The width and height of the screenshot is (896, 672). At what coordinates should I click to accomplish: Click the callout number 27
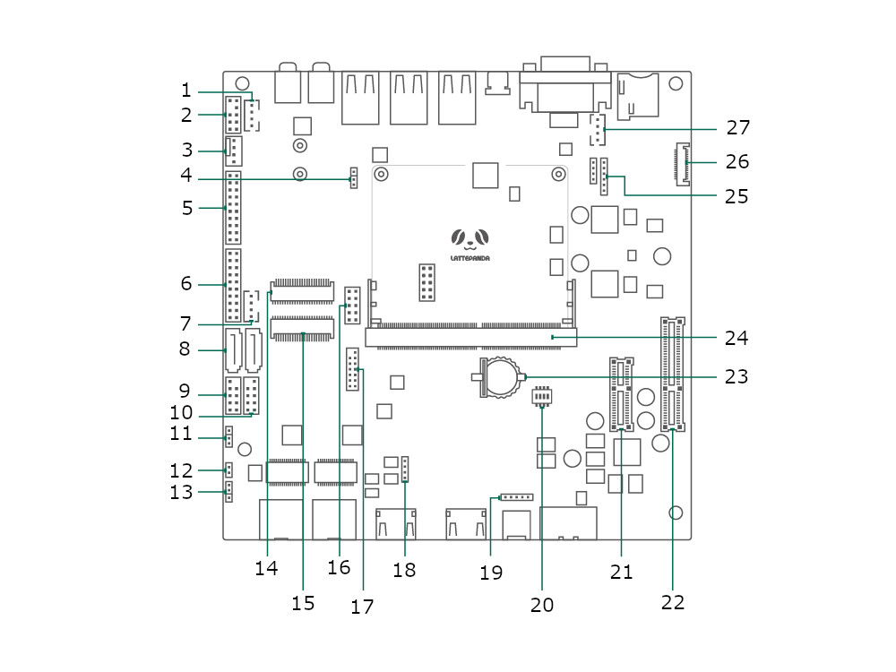click(737, 127)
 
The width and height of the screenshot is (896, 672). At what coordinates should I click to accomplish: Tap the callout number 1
click(185, 90)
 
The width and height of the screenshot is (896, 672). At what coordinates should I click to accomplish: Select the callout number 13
click(181, 492)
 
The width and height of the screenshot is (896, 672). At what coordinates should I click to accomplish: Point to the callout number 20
click(542, 605)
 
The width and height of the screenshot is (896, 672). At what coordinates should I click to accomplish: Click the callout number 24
click(736, 338)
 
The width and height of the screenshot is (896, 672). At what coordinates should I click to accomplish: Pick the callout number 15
click(303, 603)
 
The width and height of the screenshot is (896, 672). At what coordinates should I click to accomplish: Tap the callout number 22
click(673, 602)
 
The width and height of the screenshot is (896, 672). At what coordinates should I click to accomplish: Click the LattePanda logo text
click(470, 258)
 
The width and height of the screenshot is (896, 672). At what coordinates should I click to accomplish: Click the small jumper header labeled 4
click(354, 178)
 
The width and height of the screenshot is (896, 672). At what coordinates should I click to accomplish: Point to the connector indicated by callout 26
click(682, 164)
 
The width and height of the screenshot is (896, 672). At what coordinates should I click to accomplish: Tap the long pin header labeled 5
click(233, 208)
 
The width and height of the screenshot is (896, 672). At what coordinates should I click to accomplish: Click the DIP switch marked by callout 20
click(542, 396)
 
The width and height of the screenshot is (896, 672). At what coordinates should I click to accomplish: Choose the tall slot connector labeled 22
click(673, 375)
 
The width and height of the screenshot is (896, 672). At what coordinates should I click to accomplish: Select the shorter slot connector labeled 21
click(621, 393)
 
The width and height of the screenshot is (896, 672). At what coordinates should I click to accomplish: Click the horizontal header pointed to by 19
click(517, 497)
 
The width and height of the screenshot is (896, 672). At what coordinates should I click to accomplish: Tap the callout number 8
click(184, 349)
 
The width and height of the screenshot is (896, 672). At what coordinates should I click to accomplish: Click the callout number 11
click(181, 433)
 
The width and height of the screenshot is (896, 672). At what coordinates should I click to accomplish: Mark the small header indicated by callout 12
click(228, 470)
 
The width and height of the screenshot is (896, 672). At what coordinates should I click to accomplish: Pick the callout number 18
click(404, 570)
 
